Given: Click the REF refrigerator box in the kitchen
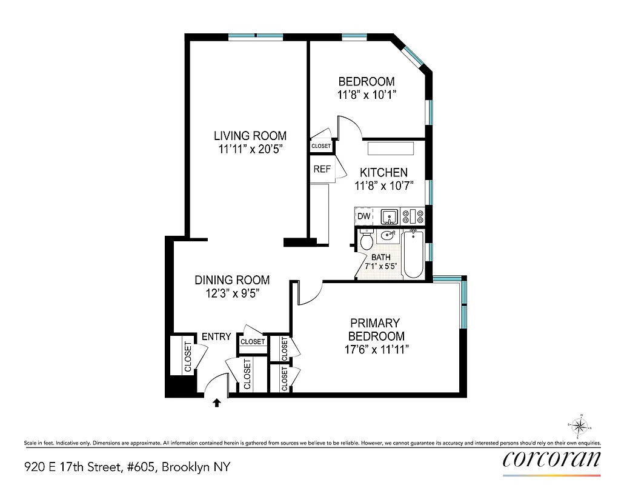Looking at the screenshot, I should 322,170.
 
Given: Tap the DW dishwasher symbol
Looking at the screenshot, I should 363,216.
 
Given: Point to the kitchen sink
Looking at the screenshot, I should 388,216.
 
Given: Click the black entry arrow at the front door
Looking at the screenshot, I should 216,402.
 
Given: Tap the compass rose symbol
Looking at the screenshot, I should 580,426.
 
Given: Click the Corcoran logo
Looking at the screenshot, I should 552,458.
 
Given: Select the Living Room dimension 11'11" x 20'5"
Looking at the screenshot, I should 250,149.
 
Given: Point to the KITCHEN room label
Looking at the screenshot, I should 383,173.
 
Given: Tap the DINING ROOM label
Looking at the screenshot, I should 232,280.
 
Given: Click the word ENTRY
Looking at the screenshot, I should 216,336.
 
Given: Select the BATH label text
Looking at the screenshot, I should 380,257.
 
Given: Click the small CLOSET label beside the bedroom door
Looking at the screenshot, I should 321,146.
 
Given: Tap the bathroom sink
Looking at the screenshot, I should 388,235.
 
